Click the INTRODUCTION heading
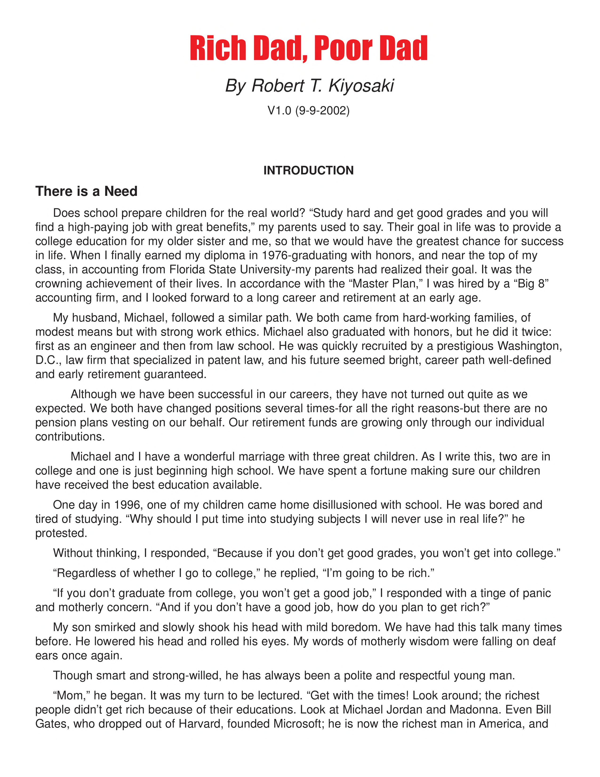[x=308, y=170]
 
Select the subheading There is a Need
[x=86, y=191]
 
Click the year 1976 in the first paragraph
[x=274, y=255]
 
